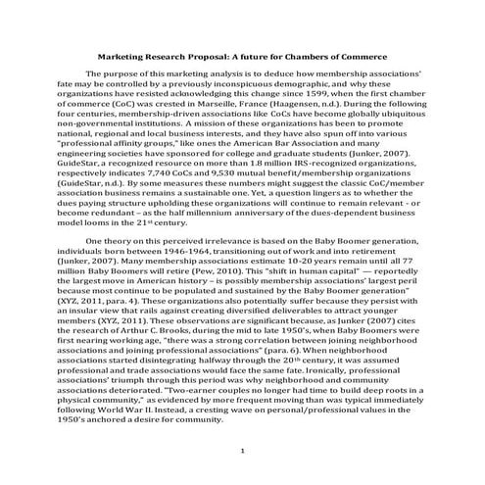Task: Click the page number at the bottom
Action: [x=242, y=451]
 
